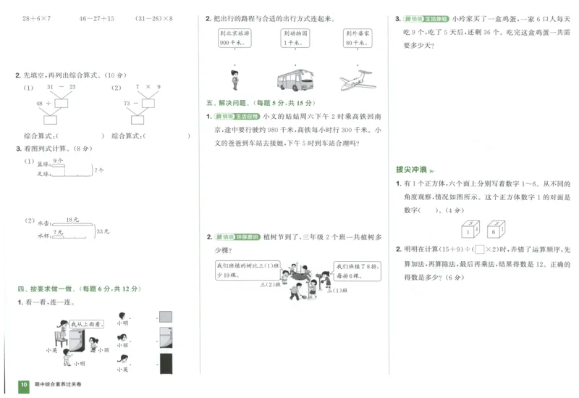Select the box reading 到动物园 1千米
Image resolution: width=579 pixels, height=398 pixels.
[x=295, y=38]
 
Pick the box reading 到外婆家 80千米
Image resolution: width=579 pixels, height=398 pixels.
[x=355, y=38]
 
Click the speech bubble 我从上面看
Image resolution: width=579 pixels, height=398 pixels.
[x=87, y=323]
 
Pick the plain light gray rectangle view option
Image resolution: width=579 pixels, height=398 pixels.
[x=166, y=316]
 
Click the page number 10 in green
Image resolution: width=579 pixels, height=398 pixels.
[x=23, y=384]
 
